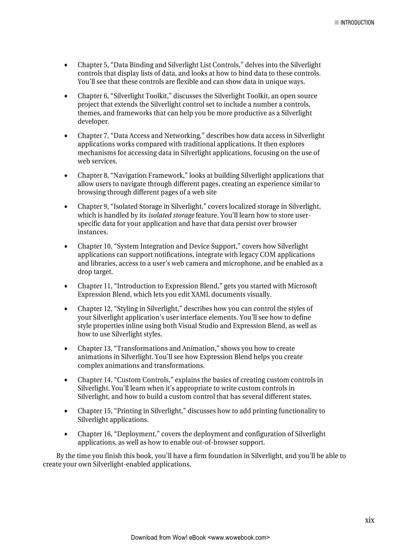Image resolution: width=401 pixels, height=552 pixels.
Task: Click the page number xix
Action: point(369,520)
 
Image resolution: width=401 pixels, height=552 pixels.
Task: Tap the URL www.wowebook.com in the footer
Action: point(239,538)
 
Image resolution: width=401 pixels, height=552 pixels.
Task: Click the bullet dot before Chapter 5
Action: point(65,65)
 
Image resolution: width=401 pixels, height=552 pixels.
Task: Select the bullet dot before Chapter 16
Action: point(65,435)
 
